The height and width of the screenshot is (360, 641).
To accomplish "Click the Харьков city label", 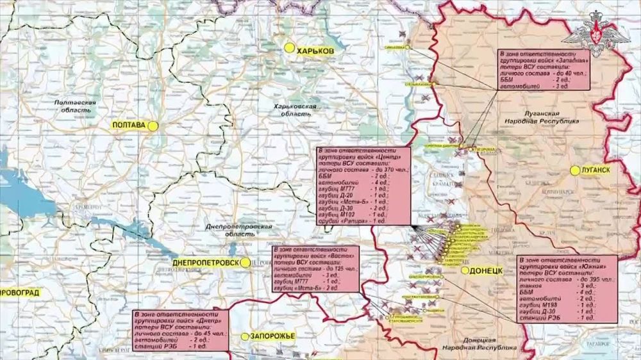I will [x=316, y=49].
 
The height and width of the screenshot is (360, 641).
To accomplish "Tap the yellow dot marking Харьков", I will [x=290, y=48].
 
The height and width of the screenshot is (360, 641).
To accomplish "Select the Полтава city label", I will [x=129, y=126].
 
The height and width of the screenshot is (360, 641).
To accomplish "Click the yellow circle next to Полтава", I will [x=153, y=126].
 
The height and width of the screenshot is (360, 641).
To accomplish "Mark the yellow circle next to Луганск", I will [x=575, y=170].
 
